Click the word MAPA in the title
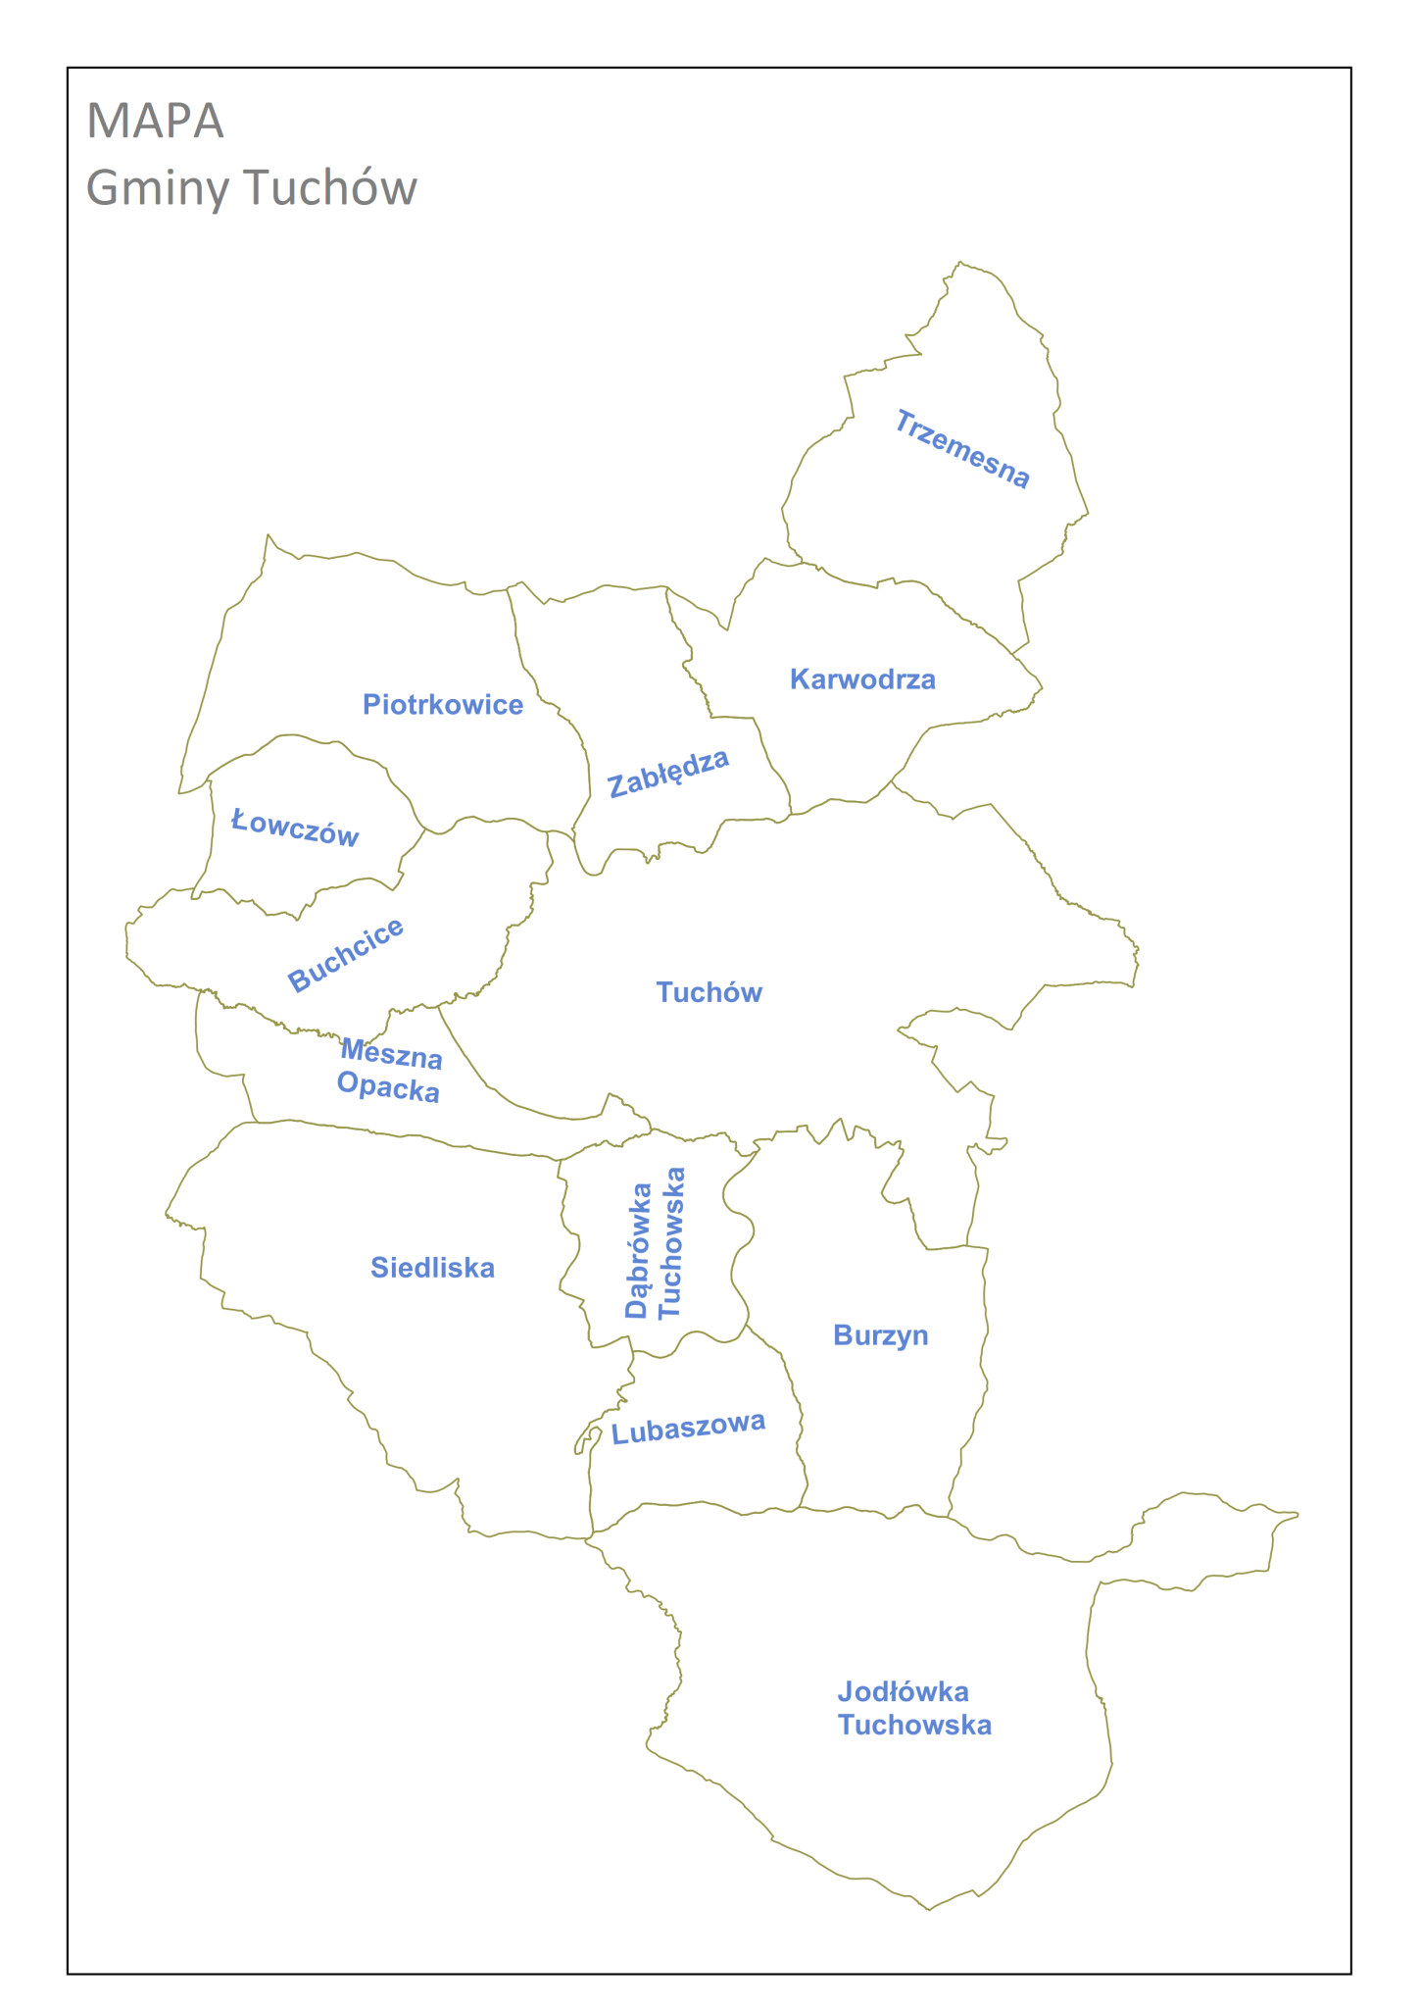click(x=155, y=121)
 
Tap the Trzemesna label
click(x=961, y=450)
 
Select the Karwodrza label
click(x=862, y=679)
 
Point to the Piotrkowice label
click(x=443, y=704)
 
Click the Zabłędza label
click(x=668, y=774)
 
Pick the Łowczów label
click(x=295, y=828)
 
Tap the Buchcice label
click(x=345, y=955)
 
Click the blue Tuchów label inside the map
click(x=709, y=992)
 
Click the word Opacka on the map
click(x=388, y=1086)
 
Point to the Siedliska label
click(x=432, y=1268)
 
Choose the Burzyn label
click(x=880, y=1335)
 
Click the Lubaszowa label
click(x=688, y=1429)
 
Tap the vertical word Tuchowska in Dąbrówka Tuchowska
click(x=671, y=1243)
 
